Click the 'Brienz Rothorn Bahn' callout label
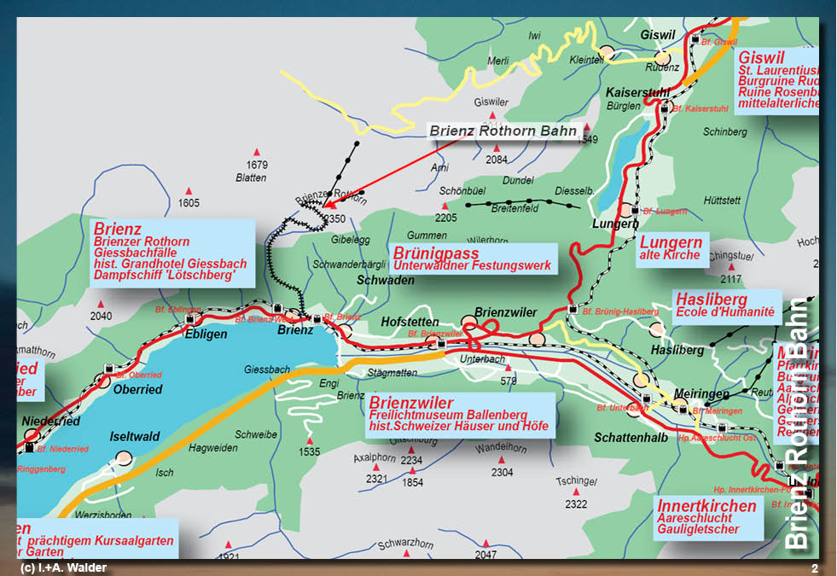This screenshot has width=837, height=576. (x=503, y=131)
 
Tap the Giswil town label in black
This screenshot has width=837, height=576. (x=657, y=35)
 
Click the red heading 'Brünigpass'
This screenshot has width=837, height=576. (x=435, y=253)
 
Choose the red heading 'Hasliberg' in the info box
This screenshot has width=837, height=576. (x=711, y=300)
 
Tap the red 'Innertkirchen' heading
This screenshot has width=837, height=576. (x=706, y=506)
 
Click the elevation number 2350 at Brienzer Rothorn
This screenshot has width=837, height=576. (x=334, y=219)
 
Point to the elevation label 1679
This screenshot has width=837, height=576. (x=257, y=165)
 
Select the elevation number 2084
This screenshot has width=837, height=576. (x=497, y=160)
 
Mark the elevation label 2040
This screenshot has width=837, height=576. (x=101, y=316)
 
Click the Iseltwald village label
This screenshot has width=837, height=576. (x=135, y=437)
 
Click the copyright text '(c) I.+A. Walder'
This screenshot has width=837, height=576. (x=63, y=568)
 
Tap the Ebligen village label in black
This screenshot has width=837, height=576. (x=206, y=335)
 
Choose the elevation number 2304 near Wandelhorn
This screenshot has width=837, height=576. (x=502, y=472)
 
